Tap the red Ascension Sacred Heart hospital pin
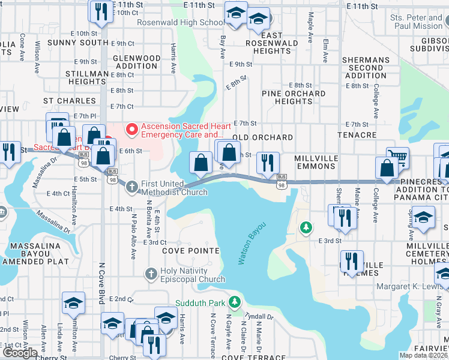click(130, 128)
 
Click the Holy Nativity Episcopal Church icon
click(152, 274)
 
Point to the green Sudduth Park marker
click(238, 302)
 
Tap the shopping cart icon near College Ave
click(397, 157)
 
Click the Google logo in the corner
click(20, 352)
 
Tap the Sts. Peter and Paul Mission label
click(416, 22)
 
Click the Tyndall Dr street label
click(259, 317)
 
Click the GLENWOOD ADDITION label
click(137, 62)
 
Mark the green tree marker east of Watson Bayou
click(306, 227)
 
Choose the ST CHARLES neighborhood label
click(70, 101)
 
